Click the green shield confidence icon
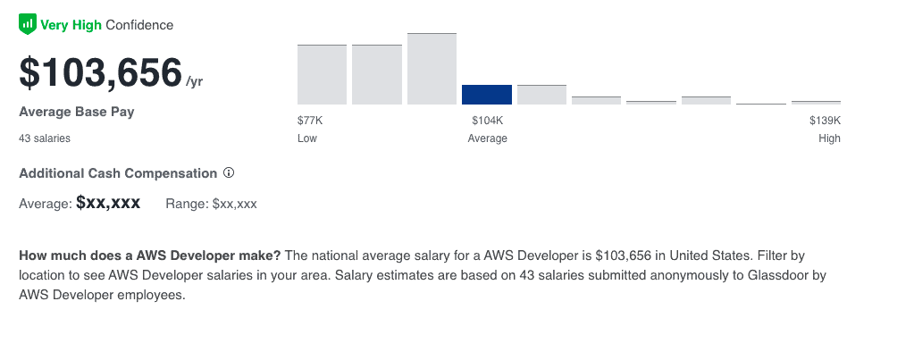click(28, 25)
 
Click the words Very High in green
click(71, 25)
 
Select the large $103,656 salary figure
click(100, 73)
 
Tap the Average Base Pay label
click(77, 113)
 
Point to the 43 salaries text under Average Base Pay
click(45, 138)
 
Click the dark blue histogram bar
click(487, 95)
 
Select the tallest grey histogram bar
click(432, 70)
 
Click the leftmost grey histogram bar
click(322, 75)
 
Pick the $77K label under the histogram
click(310, 121)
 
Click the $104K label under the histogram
click(487, 121)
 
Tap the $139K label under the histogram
click(825, 121)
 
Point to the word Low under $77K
click(307, 138)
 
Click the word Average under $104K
click(487, 138)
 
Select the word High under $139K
click(829, 138)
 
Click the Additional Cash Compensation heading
click(118, 173)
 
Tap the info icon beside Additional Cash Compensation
click(229, 172)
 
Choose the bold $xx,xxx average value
click(108, 203)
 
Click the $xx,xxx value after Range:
click(235, 204)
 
